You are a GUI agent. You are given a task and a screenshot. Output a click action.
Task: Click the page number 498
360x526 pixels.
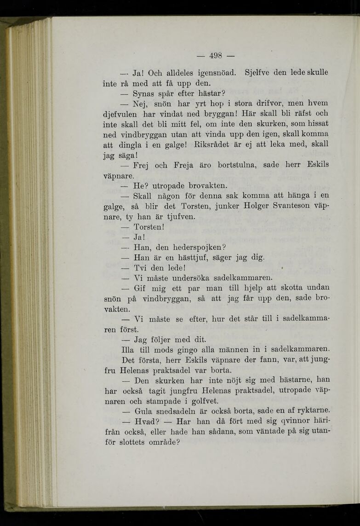point(216,56)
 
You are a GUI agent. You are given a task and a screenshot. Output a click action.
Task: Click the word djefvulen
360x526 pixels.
point(121,114)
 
